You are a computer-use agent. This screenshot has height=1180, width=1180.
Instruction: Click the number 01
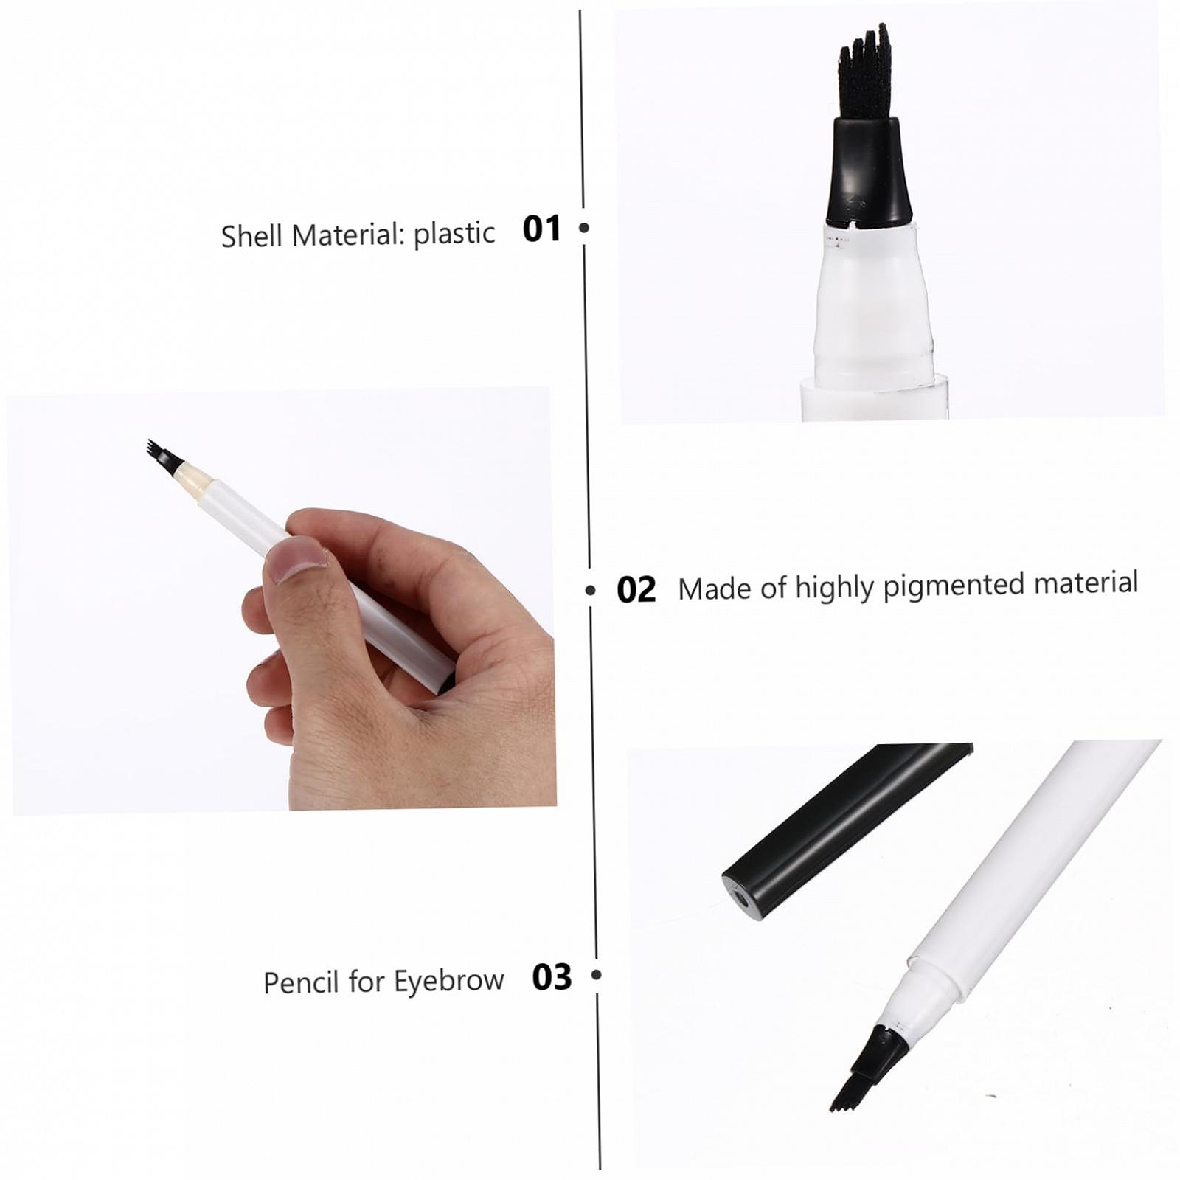(x=542, y=229)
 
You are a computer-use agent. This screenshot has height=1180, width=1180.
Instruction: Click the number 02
(x=636, y=590)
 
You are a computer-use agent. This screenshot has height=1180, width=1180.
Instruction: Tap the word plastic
(x=454, y=234)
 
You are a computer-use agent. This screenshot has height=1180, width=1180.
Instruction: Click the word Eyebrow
(x=449, y=981)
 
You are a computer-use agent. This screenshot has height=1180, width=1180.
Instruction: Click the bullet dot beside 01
(x=584, y=228)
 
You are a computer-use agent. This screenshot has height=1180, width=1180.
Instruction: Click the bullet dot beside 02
(x=590, y=590)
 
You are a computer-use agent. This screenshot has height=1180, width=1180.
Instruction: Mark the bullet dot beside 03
(x=597, y=975)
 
